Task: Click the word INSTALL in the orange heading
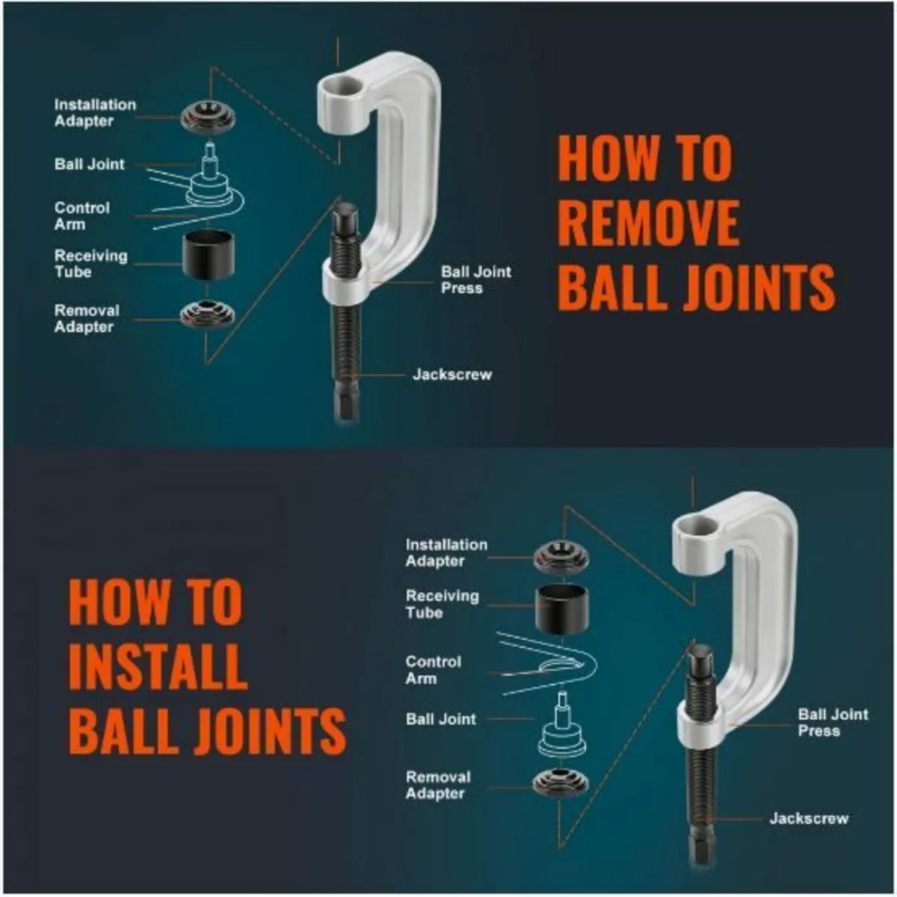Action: click(x=158, y=666)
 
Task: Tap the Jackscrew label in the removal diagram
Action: click(x=452, y=374)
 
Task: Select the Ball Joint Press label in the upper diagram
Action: click(x=475, y=280)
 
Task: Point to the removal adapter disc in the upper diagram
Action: click(x=208, y=315)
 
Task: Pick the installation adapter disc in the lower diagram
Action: click(x=561, y=557)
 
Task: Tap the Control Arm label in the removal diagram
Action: click(x=82, y=216)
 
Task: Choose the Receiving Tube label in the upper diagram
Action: click(x=90, y=263)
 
